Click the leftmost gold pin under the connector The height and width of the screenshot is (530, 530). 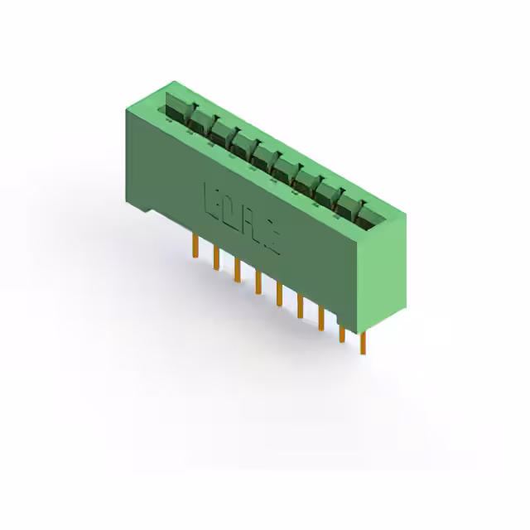coord(195,246)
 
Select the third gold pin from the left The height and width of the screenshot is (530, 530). coord(237,269)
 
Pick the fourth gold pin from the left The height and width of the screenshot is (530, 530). coord(258,282)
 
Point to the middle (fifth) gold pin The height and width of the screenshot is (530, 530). coord(278,294)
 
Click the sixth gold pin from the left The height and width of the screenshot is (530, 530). coord(300,306)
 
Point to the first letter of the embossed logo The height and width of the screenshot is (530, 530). coord(210,199)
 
